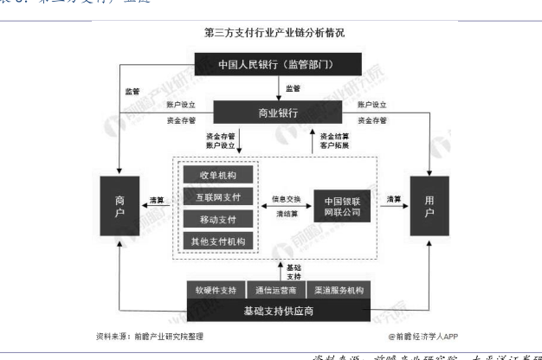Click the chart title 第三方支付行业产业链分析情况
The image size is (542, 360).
pos(274,33)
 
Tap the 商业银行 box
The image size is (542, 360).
pos(274,113)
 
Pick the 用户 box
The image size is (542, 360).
pos(430,204)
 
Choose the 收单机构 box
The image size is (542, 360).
pos(218,175)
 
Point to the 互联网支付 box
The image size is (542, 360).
pos(218,197)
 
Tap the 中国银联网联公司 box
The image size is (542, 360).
pos(339,204)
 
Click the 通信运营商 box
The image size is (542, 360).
pos(274,288)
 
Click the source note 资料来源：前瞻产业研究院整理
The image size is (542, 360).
pos(152,335)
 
